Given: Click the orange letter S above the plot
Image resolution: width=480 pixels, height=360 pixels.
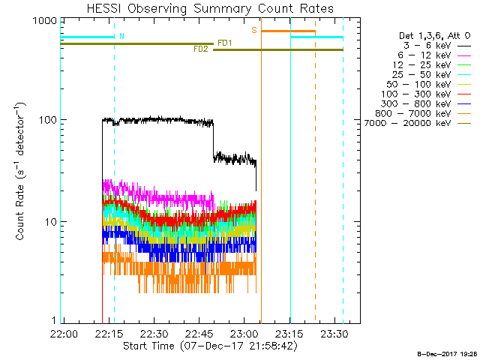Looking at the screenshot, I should (x=254, y=30).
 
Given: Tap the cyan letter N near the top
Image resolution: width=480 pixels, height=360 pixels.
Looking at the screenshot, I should (x=122, y=35).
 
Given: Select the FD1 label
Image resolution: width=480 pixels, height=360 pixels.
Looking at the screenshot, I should (x=224, y=43).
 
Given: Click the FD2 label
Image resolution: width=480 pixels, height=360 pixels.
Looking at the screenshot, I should (x=201, y=49).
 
